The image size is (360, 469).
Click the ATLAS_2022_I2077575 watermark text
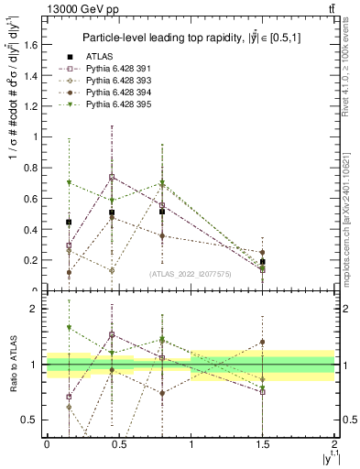point(190,273)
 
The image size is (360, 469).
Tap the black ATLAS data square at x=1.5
point(263,262)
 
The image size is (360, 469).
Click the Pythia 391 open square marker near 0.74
point(112,177)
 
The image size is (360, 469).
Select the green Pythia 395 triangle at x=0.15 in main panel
point(69,182)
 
